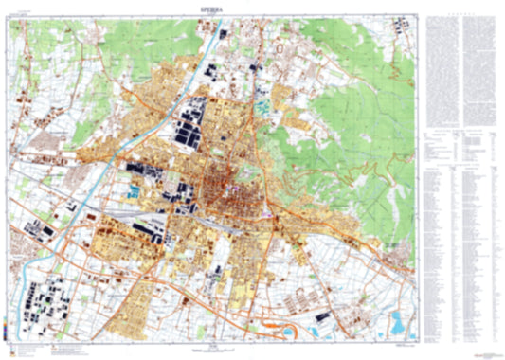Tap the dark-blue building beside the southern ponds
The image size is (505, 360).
click(x=323, y=314)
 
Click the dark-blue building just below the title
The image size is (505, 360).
click(x=223, y=34)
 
